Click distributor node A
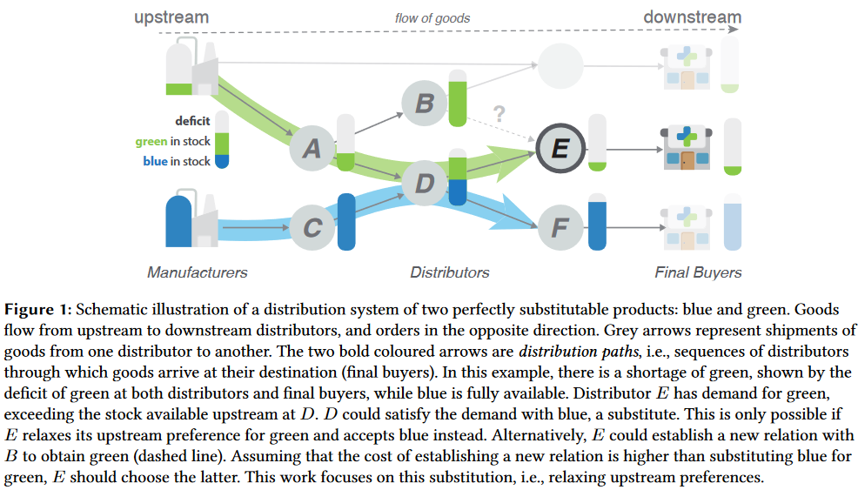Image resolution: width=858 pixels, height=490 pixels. pos(312,148)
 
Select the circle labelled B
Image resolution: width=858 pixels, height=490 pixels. pos(425,103)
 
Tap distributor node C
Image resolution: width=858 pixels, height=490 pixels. pos(312,227)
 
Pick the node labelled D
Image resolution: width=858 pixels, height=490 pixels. pos(425,183)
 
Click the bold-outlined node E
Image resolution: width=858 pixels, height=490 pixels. pos(560,148)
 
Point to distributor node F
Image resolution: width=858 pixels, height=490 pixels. pos(560,227)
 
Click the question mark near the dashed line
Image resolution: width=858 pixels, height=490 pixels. pos(499,113)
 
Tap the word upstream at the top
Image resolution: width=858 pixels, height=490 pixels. pos(171,17)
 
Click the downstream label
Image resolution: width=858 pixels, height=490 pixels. pos(692,17)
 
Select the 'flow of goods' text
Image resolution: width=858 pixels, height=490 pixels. pos(432,18)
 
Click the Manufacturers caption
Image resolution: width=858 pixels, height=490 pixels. pos(197,272)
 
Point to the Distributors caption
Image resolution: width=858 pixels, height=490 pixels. pos(450,272)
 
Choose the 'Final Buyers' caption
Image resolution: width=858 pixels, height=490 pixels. pos(698,272)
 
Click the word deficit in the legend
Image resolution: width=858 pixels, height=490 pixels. pos(192,121)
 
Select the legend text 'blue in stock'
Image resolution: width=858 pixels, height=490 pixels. pos(176,162)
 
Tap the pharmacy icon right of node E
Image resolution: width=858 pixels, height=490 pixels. pos(687,148)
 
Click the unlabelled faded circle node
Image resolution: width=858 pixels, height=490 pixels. pos(560,66)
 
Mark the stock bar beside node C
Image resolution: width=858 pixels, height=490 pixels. pos(346,222)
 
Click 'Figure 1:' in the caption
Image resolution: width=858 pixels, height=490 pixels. pos(37,310)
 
